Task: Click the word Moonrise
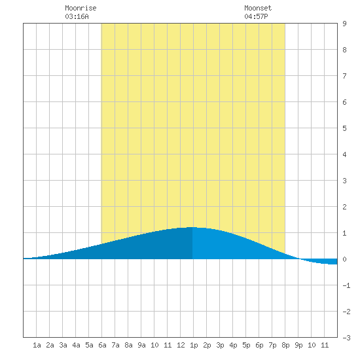coord(81,8)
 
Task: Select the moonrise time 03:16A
coord(77,16)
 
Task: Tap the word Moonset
coord(258,8)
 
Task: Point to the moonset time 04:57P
coord(256,16)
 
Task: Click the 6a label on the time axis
coord(102,345)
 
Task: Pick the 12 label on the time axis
coord(181,345)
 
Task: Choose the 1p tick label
coord(194,345)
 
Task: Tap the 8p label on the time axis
coord(285,345)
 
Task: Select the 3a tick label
coord(63,345)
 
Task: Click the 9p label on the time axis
coord(298,345)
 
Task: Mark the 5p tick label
coord(246,345)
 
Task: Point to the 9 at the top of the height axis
coord(344,24)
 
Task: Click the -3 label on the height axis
coord(346,338)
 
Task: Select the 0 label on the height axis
coord(344,259)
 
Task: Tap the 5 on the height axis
coord(344,128)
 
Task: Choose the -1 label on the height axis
coord(346,285)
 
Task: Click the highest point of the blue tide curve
coord(192,227)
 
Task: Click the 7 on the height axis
coord(344,76)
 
